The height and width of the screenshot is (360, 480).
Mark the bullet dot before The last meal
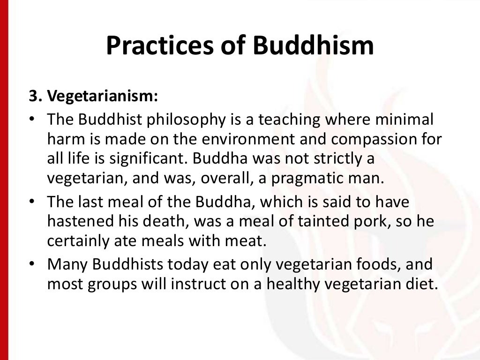click(x=30, y=202)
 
